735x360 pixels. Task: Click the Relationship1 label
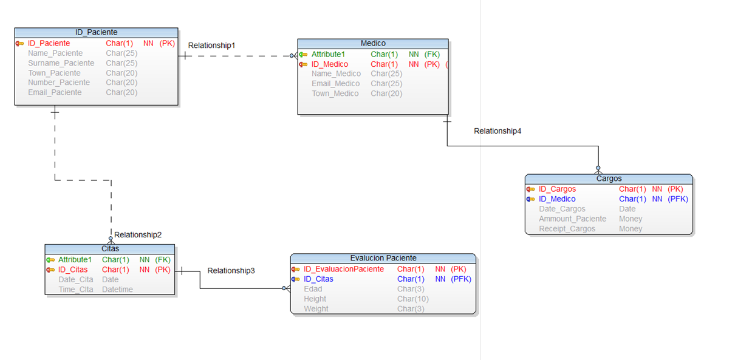[x=211, y=46]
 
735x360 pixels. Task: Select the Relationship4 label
[x=497, y=131]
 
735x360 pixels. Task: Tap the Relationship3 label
[x=231, y=271]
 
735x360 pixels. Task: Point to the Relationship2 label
[x=138, y=235]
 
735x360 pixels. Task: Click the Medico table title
[x=373, y=44]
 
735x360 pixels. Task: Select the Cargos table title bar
[x=609, y=178]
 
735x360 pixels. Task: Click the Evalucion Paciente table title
[x=383, y=258]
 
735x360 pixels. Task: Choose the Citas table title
[x=110, y=249]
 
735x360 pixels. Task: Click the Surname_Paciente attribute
[x=61, y=63]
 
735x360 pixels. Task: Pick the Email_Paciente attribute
[x=55, y=93]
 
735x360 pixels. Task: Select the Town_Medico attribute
[x=335, y=93]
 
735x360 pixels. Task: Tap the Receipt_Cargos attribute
[x=567, y=229]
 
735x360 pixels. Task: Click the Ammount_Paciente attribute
[x=572, y=219]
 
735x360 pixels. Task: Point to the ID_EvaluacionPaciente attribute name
[x=344, y=269]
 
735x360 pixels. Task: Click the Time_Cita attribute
[x=76, y=290]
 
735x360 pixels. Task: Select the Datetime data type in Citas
[x=117, y=290]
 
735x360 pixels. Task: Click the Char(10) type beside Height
[x=413, y=299]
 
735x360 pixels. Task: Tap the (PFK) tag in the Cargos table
[x=677, y=199]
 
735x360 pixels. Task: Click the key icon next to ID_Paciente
[x=20, y=44]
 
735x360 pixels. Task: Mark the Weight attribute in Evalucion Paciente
[x=316, y=309]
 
